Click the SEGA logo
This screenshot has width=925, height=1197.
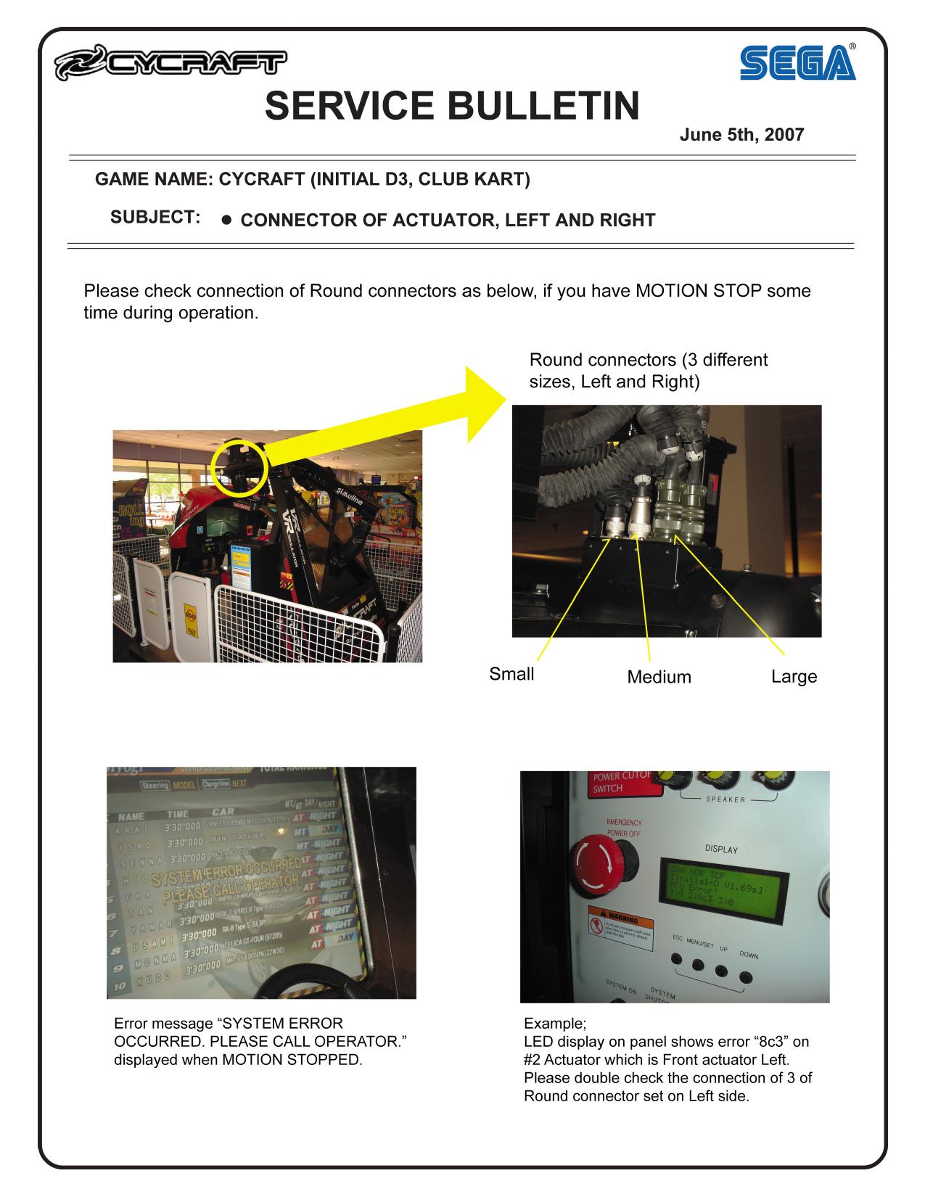[x=797, y=63]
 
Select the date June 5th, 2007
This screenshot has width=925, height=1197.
[x=741, y=135]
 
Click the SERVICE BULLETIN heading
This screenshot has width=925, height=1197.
[x=452, y=106]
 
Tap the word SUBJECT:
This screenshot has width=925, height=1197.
[x=155, y=217]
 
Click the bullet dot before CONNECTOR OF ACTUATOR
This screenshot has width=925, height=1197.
[x=226, y=220]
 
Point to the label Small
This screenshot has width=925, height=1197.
[x=511, y=674]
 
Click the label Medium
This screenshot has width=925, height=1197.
[x=659, y=677]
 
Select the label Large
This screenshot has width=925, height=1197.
[x=794, y=676]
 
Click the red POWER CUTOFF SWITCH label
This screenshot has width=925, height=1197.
[x=617, y=781]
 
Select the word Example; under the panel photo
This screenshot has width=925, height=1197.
[x=554, y=1024]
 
